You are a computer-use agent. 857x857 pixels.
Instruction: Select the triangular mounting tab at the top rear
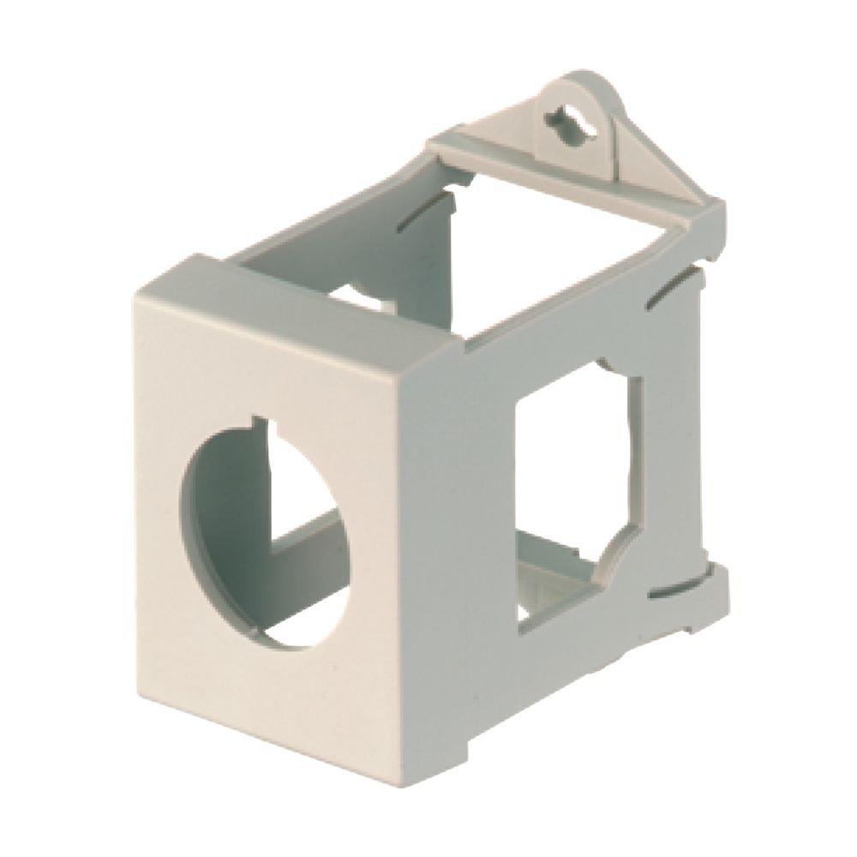coord(591,129)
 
